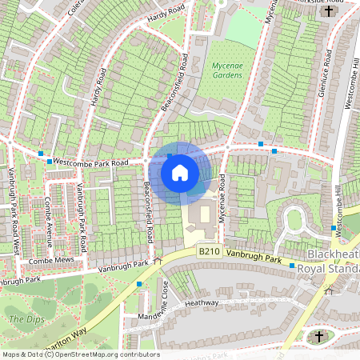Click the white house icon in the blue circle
[180, 172]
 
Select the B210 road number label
[209, 251]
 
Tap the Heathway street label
[200, 303]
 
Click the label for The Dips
[22, 319]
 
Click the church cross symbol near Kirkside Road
[330, 11]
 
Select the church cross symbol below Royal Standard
[319, 337]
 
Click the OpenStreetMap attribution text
[80, 354]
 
